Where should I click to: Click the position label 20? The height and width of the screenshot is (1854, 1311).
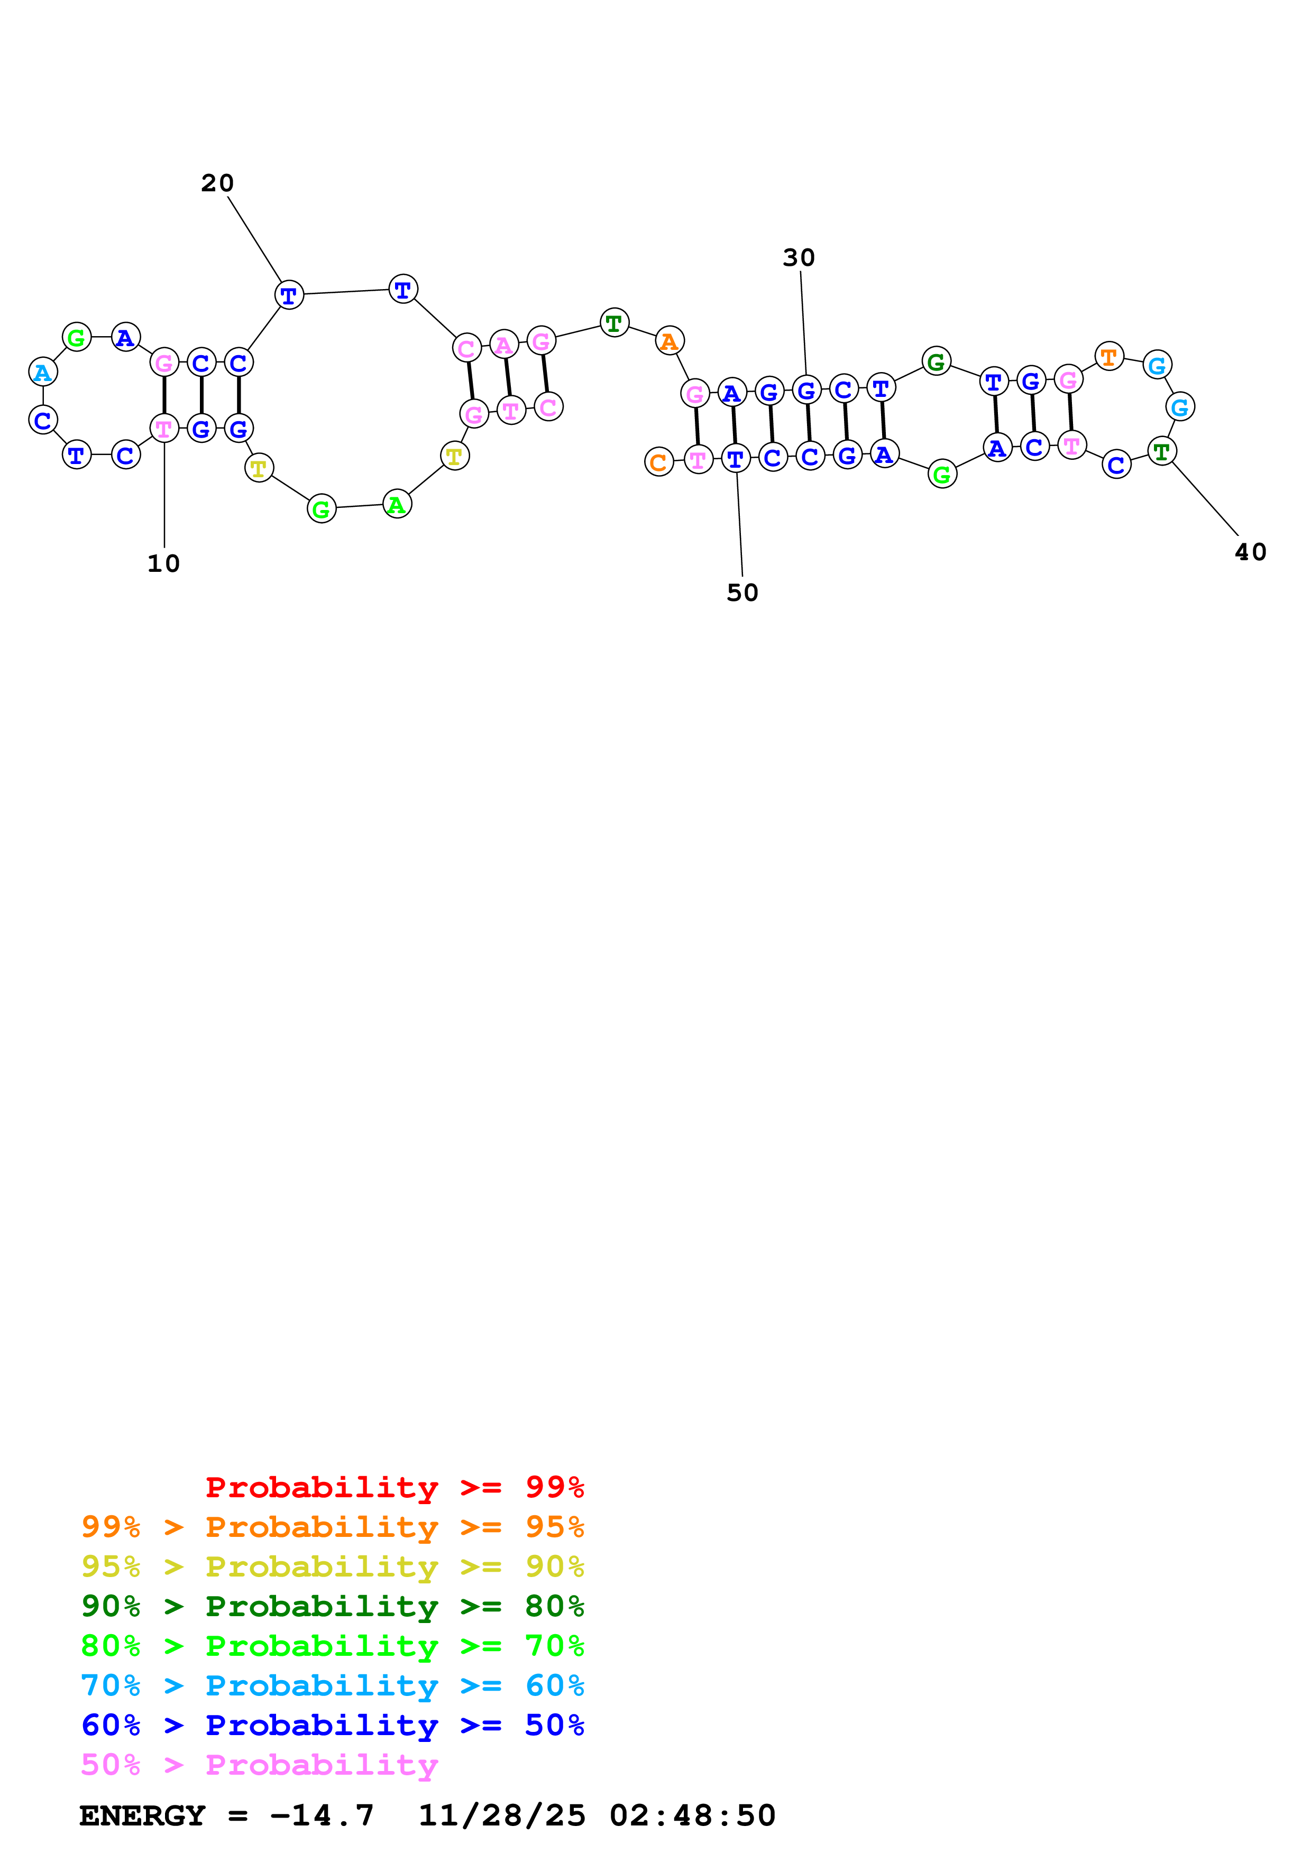pyautogui.click(x=217, y=183)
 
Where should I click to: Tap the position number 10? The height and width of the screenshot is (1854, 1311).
pyautogui.click(x=163, y=563)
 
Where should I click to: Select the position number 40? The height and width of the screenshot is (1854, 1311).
pyautogui.click(x=1250, y=552)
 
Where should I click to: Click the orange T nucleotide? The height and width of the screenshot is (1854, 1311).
pyautogui.click(x=1108, y=356)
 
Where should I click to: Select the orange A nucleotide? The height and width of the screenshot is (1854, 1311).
pyautogui.click(x=669, y=341)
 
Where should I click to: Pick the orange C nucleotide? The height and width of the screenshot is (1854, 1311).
pyautogui.click(x=658, y=462)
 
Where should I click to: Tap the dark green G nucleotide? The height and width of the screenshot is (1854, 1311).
pyautogui.click(x=936, y=361)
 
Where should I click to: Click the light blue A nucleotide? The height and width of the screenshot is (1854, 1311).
pyautogui.click(x=43, y=372)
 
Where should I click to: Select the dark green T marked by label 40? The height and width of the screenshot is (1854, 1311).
pyautogui.click(x=1161, y=451)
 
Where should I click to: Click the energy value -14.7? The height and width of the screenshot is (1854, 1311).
pyautogui.click(x=322, y=1815)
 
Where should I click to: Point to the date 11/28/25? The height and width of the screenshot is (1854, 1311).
pyautogui.click(x=501, y=1815)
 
